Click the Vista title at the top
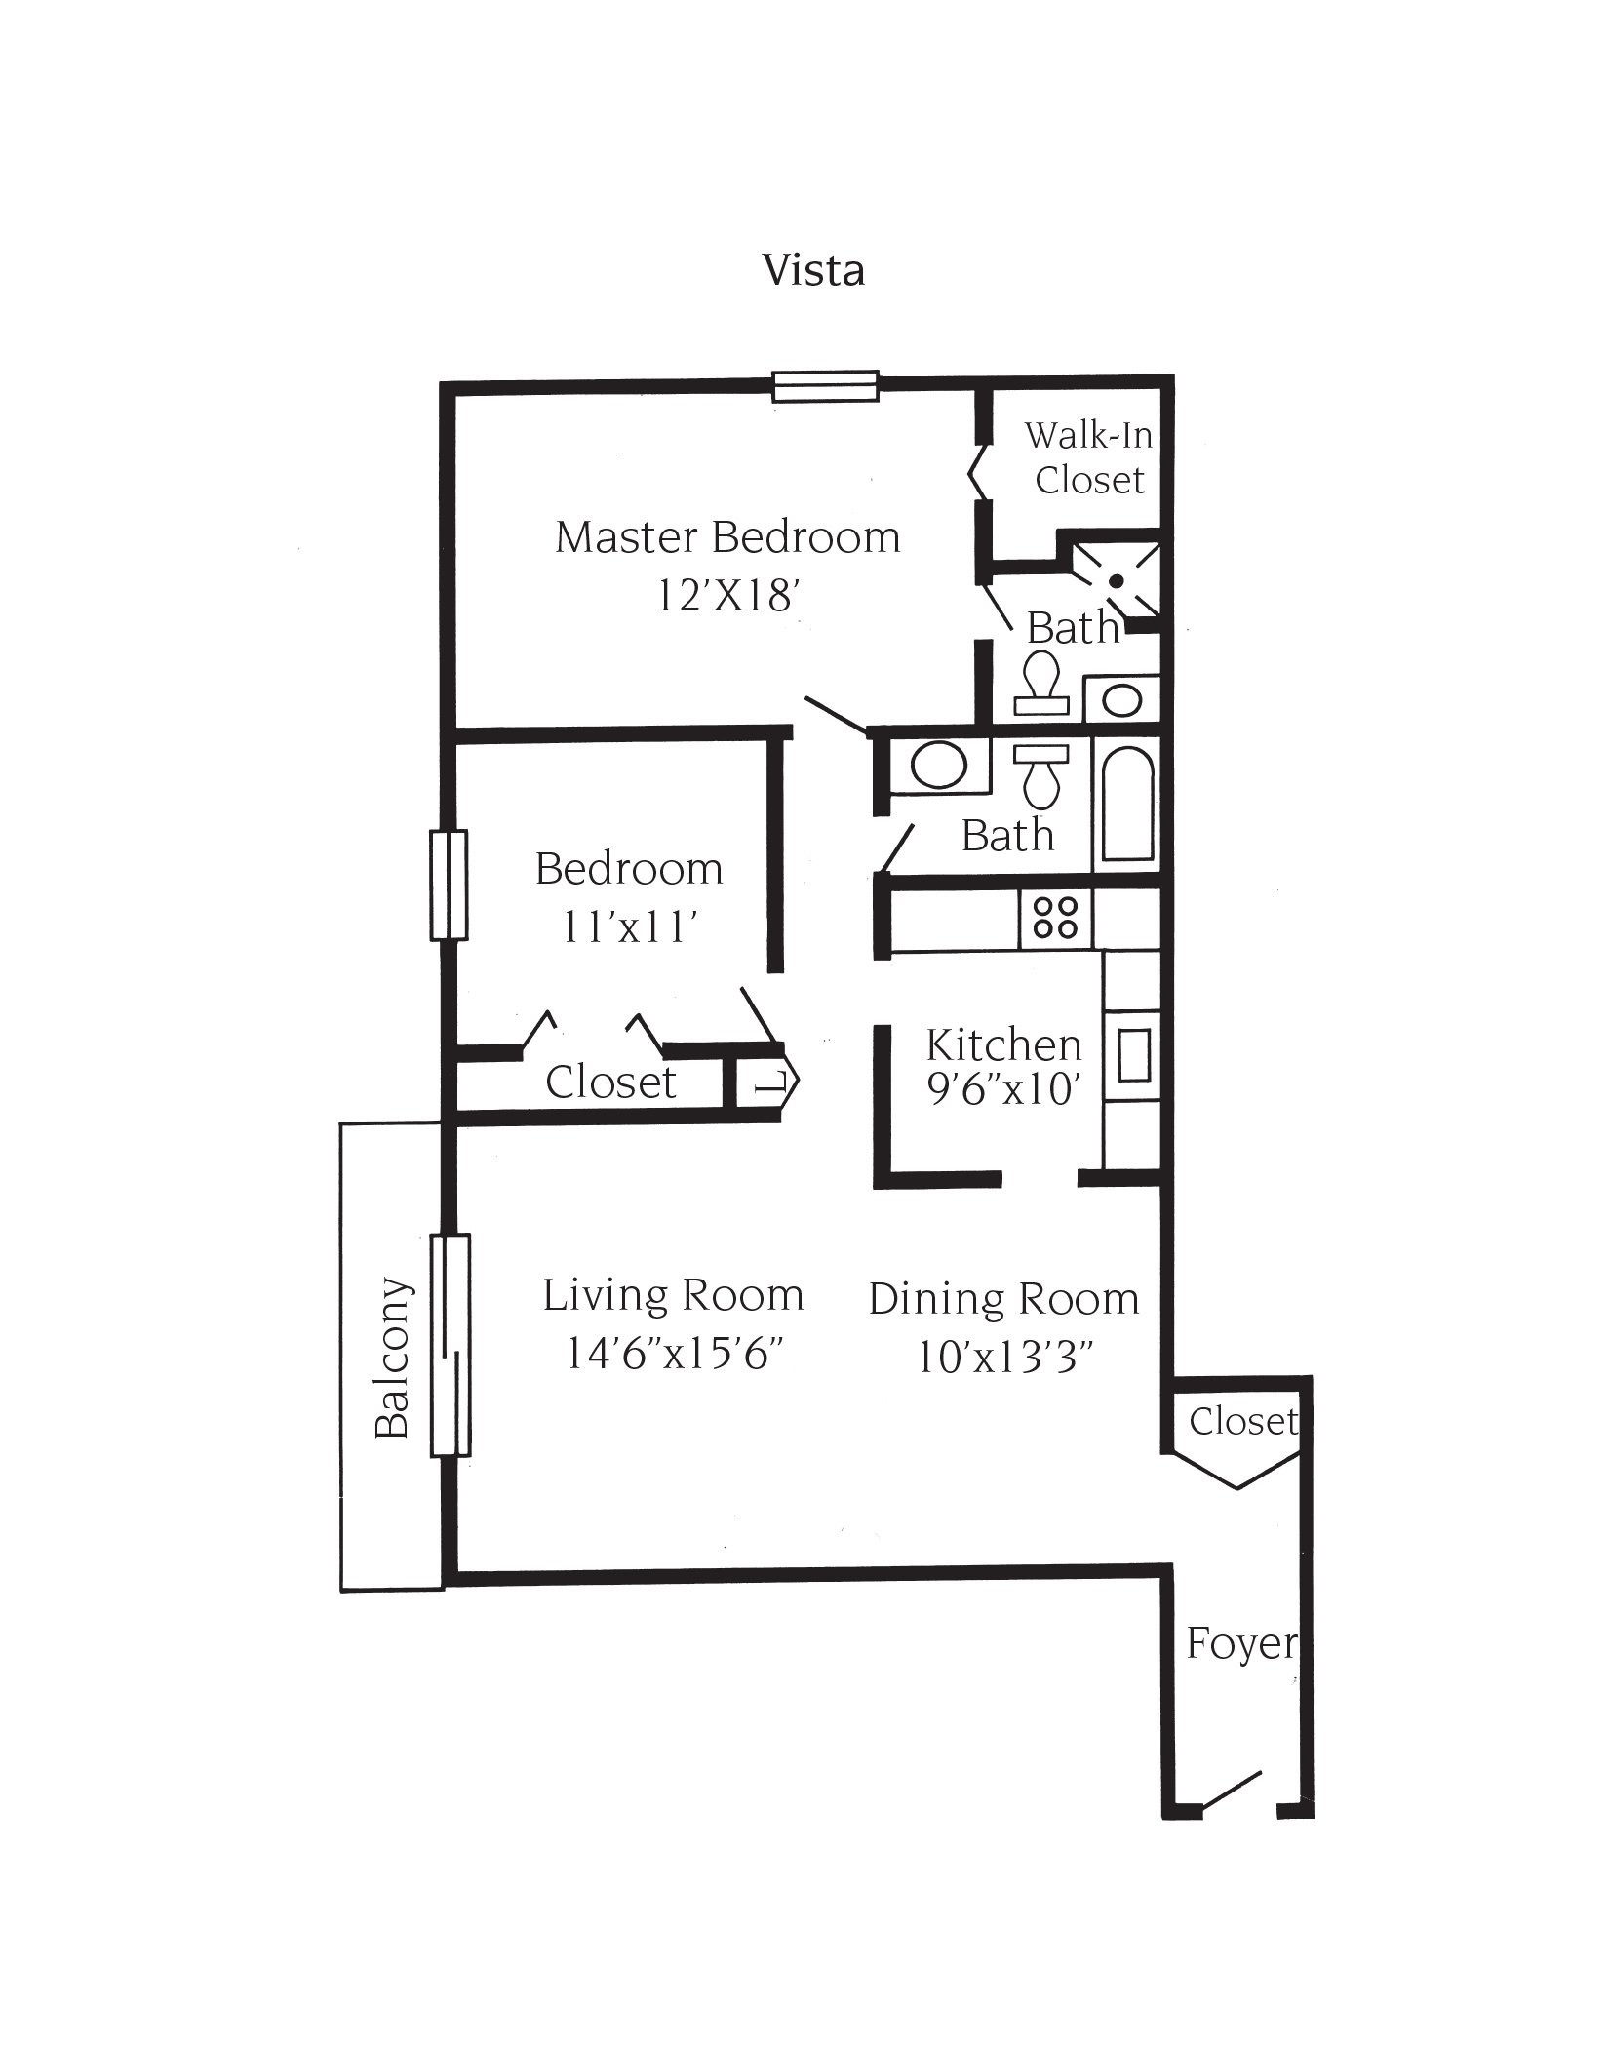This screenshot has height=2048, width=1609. coord(813,270)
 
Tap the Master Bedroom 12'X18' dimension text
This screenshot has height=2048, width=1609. coord(727,595)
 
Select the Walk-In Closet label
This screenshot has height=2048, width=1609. coord(1088,457)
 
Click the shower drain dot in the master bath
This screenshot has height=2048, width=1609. coord(1118,580)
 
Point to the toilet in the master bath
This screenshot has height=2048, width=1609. coord(1041,683)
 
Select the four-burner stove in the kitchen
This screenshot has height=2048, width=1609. coord(1056,918)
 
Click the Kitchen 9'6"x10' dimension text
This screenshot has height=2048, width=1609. coord(1003,1088)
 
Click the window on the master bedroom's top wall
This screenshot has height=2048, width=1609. coord(826,386)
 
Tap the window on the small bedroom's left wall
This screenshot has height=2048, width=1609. coord(449,885)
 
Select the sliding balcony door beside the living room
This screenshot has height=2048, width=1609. coord(451,1345)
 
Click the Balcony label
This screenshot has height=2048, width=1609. coord(392,1358)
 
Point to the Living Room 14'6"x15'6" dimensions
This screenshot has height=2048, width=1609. coord(675,1354)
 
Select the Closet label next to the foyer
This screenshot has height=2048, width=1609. coord(1242,1421)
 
